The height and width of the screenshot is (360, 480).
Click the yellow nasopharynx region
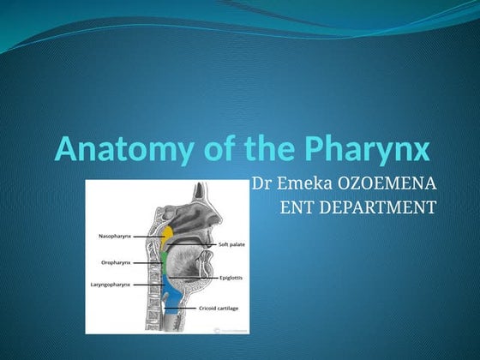168,234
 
